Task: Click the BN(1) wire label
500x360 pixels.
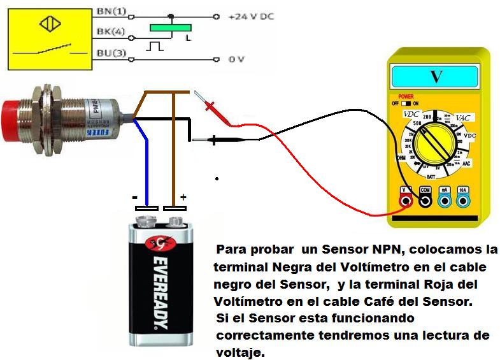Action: click(111, 11)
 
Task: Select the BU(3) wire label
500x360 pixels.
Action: click(111, 54)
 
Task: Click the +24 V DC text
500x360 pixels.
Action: click(252, 17)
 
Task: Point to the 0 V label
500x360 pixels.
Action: click(237, 59)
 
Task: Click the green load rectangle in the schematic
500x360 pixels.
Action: click(171, 27)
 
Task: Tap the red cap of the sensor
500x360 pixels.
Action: click(13, 120)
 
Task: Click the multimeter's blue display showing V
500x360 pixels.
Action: click(436, 76)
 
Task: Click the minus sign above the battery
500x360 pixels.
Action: click(135, 197)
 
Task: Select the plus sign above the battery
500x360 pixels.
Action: click(183, 198)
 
